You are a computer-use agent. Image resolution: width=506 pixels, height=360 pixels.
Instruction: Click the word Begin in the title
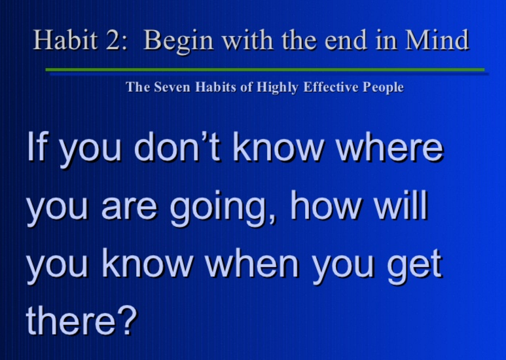point(179,41)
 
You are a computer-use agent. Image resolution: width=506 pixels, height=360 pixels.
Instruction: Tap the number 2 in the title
point(113,40)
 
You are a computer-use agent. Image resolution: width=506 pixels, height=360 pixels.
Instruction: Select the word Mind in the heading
point(437,40)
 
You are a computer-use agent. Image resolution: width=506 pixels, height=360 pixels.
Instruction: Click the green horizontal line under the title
point(265,69)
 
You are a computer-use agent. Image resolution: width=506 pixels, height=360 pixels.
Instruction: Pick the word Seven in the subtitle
point(172,87)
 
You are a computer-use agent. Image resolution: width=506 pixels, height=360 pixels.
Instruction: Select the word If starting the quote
point(36,147)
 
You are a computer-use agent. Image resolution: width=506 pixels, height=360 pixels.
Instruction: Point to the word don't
point(177,146)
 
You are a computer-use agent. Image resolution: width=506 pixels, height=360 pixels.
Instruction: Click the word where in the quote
point(390,147)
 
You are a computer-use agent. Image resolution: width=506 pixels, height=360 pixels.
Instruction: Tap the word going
point(223,208)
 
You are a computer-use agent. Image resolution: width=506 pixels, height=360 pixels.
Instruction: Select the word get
point(414,266)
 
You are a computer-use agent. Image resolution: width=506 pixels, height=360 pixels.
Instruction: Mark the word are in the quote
point(130,209)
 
